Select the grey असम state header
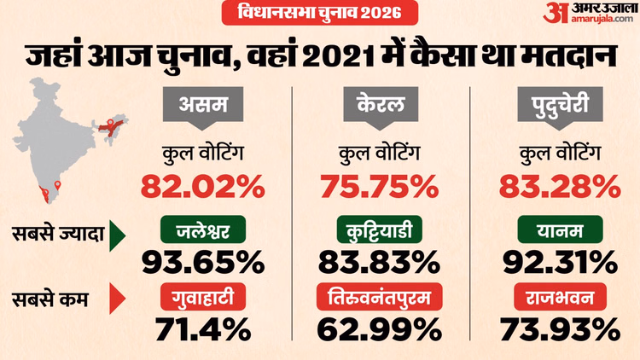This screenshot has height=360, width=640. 201,107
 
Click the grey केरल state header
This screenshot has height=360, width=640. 379,107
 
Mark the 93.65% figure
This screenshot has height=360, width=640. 201,258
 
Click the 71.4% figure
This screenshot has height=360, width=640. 201,328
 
